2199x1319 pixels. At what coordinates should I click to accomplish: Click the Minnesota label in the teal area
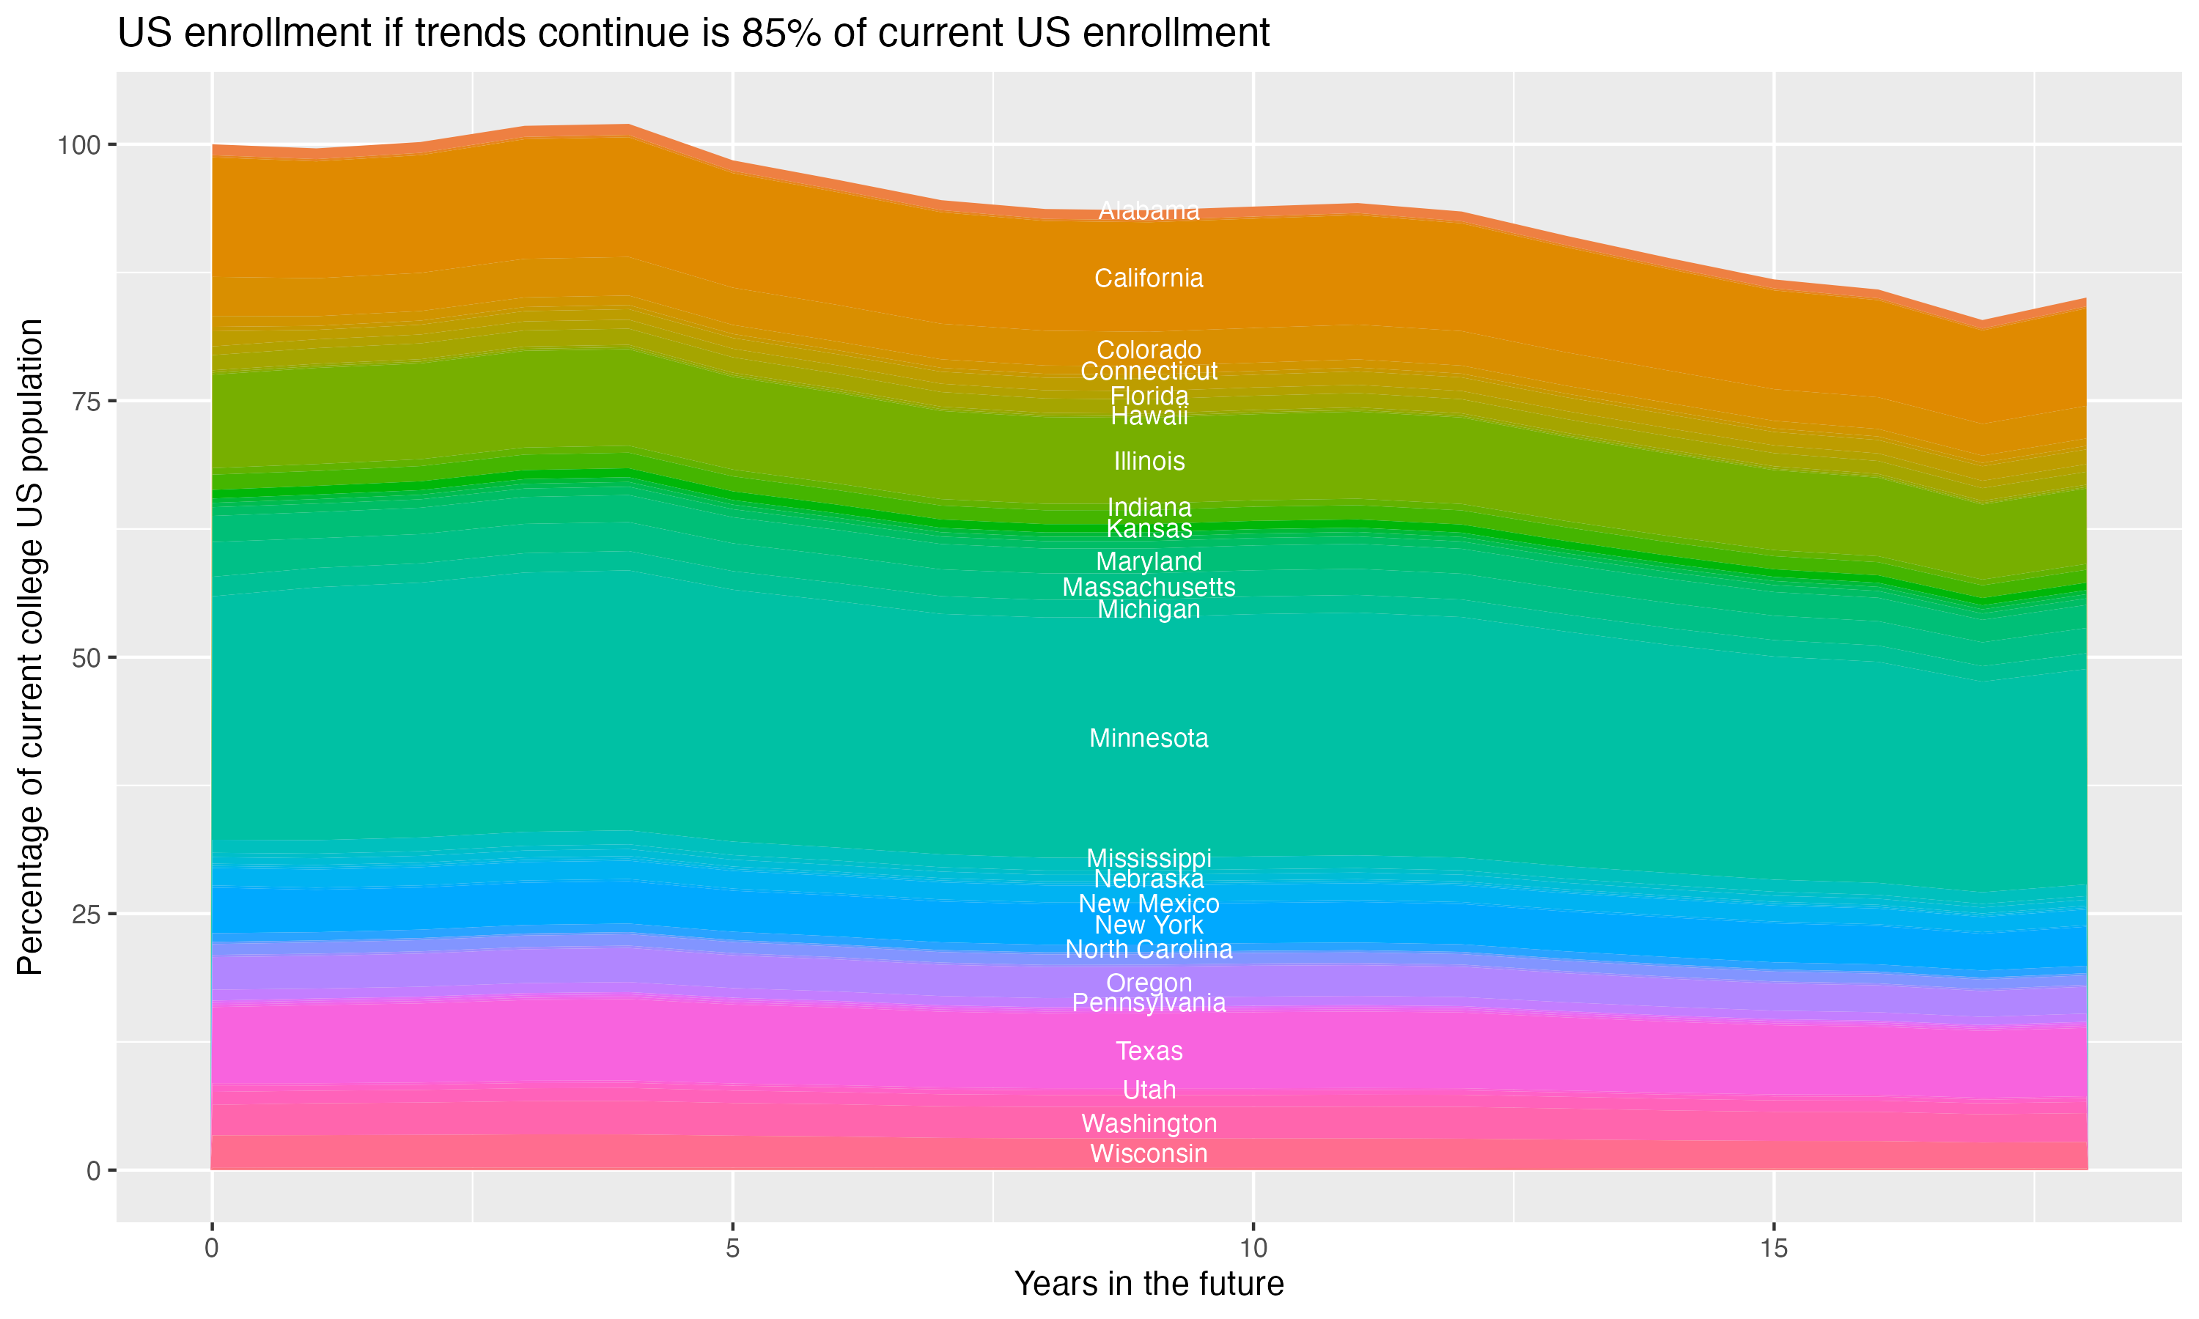pyautogui.click(x=1149, y=738)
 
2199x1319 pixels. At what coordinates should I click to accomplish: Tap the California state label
pyautogui.click(x=1149, y=278)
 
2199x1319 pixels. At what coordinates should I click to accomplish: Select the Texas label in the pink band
pyautogui.click(x=1149, y=1051)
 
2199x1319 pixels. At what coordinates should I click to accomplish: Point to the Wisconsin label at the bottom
pyautogui.click(x=1149, y=1153)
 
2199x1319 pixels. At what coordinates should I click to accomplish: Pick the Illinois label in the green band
pyautogui.click(x=1149, y=462)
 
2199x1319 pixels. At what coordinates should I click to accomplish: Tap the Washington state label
pyautogui.click(x=1149, y=1123)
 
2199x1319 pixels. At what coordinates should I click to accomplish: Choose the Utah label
pyautogui.click(x=1149, y=1090)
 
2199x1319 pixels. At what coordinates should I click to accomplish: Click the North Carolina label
pyautogui.click(x=1149, y=949)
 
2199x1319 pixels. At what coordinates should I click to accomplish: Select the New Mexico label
pyautogui.click(x=1149, y=904)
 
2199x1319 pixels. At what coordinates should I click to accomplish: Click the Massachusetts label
pyautogui.click(x=1149, y=588)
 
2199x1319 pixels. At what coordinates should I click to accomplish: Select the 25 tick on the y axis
pyautogui.click(x=85, y=915)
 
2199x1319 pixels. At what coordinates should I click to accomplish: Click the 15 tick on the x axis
pyautogui.click(x=1773, y=1249)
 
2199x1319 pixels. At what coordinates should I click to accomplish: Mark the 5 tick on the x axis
pyautogui.click(x=732, y=1249)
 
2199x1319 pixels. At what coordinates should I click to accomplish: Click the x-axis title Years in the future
pyautogui.click(x=1149, y=1283)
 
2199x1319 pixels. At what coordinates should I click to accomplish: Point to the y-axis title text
pyautogui.click(x=30, y=647)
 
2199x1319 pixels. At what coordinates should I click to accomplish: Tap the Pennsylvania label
pyautogui.click(x=1149, y=1003)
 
